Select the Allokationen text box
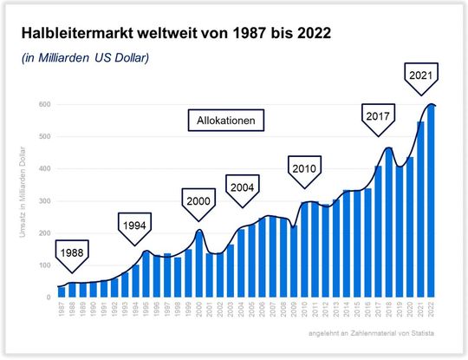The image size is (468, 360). point(227,121)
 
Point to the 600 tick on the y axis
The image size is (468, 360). point(43,104)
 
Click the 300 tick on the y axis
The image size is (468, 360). point(43,201)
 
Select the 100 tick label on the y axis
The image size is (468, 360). point(43,265)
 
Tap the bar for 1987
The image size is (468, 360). point(61,291)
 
